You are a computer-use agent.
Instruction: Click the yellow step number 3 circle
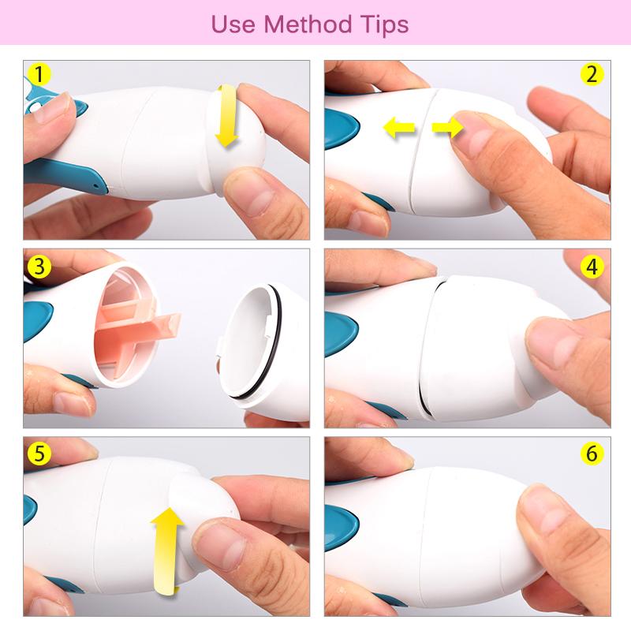pos(39,266)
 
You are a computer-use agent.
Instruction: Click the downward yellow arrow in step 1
pos(226,118)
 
